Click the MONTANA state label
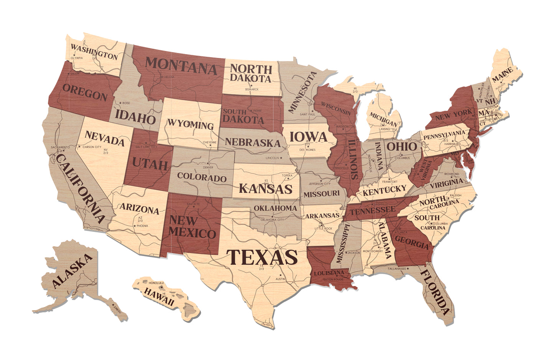[x=181, y=66]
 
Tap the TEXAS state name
[x=262, y=256]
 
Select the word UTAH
[x=150, y=164]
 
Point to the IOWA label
[x=308, y=137]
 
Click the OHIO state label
[x=401, y=146]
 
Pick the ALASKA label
[x=72, y=271]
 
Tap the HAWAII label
[x=159, y=296]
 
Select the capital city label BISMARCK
[x=252, y=89]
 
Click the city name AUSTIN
[x=280, y=279]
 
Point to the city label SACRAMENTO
[x=60, y=147]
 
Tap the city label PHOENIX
[x=142, y=226]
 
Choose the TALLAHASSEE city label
[x=396, y=269]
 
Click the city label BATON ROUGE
[x=333, y=279]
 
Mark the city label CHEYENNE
[x=210, y=142]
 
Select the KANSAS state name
[x=265, y=189]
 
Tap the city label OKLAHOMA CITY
[x=272, y=220]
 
